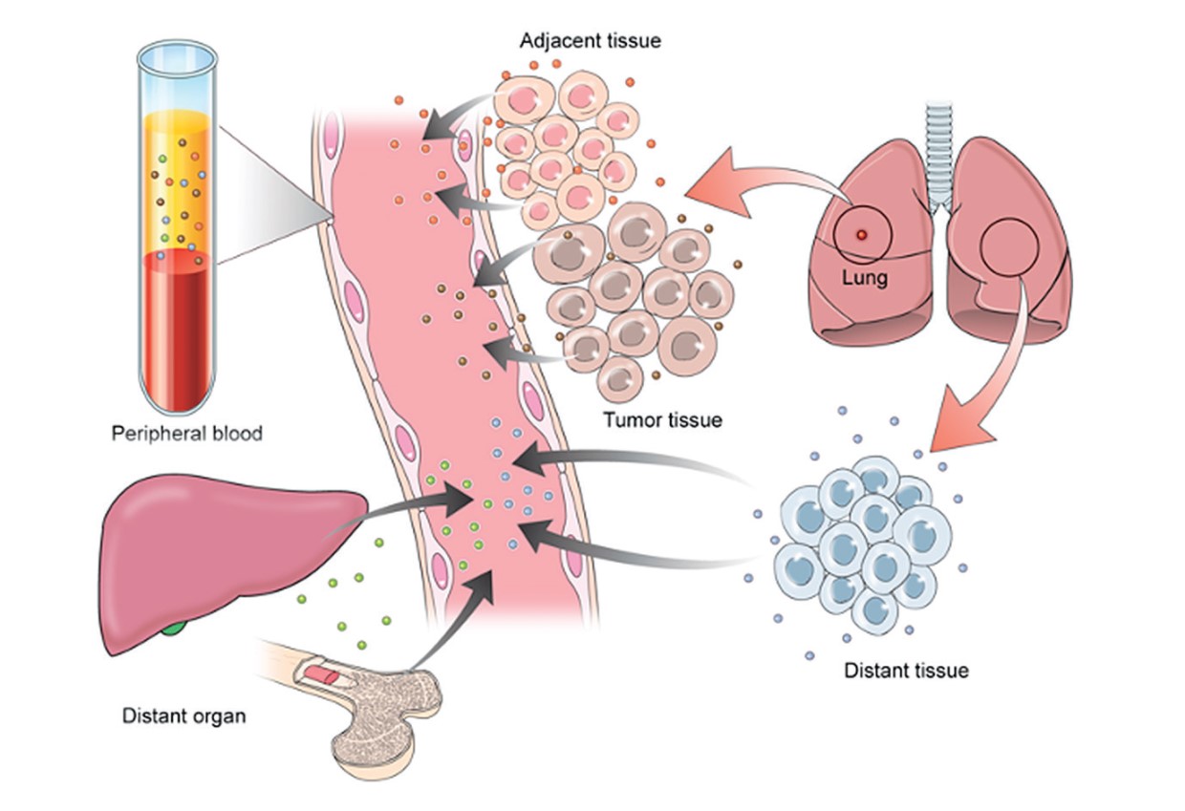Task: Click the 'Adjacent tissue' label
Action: tap(590, 41)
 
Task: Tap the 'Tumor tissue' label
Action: tap(662, 419)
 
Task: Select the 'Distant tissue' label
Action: tap(906, 671)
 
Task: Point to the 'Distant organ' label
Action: tap(184, 715)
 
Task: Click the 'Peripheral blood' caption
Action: tap(186, 434)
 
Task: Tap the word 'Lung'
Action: tap(865, 279)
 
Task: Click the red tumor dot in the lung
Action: tap(861, 234)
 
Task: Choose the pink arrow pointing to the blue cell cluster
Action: tap(994, 382)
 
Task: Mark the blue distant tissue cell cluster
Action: tap(865, 544)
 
